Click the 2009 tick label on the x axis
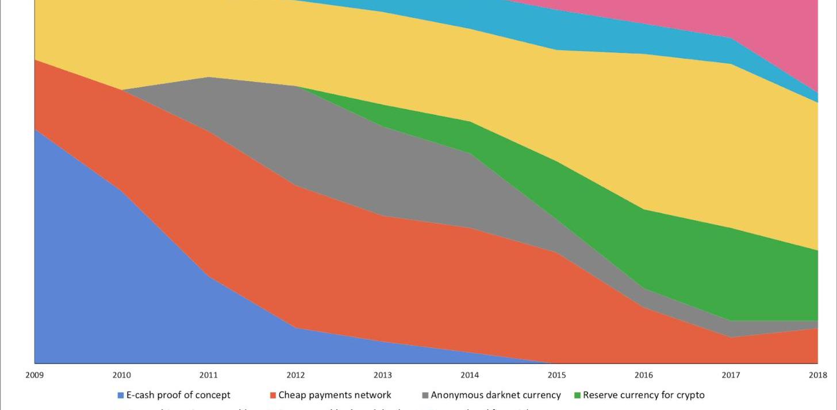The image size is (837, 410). coord(34,376)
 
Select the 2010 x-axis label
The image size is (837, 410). coord(121,376)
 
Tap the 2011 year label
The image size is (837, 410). coord(209,376)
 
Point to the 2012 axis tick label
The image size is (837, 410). coord(295,376)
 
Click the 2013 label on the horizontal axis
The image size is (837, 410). coord(383,376)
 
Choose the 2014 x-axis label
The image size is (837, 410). coord(470,376)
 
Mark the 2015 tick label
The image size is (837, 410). coord(556,376)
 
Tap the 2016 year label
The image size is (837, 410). coord(644,376)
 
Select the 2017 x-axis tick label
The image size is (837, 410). coord(731,376)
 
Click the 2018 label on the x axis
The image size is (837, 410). coord(817,376)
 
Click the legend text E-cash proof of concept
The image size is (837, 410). coord(178,395)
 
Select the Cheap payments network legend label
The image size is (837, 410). coord(335,395)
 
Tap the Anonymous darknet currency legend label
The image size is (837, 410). coord(496,395)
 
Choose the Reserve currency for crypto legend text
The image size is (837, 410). coord(643,395)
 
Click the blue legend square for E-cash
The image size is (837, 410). coord(121,396)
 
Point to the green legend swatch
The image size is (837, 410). coord(577,396)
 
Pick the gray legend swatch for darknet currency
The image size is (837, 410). coord(425,396)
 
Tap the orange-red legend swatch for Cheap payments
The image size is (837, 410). coord(273,396)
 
